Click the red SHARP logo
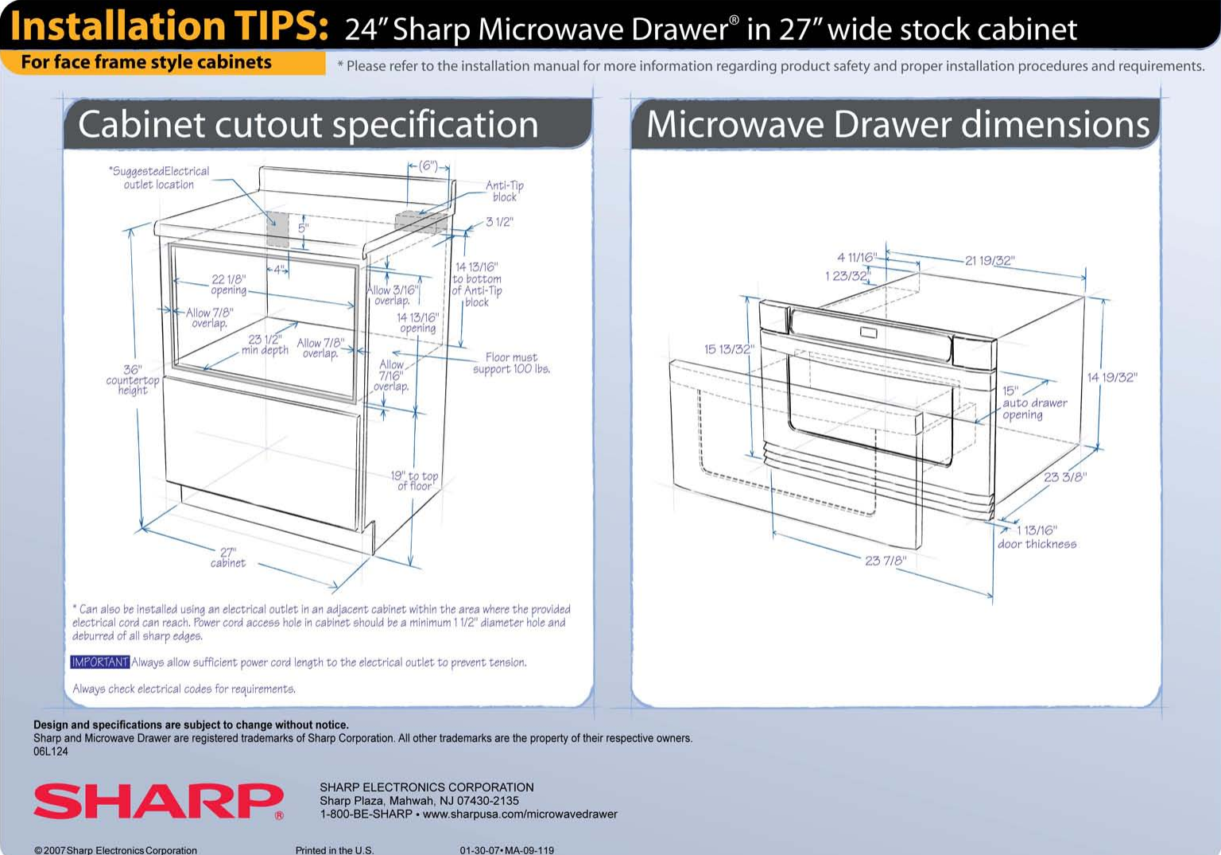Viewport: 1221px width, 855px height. [x=157, y=801]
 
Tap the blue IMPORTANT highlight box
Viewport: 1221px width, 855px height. [x=99, y=663]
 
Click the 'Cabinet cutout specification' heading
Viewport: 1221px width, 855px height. [x=308, y=125]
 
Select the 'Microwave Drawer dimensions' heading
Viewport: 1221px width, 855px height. [x=897, y=125]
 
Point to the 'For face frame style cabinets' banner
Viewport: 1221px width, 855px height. [x=146, y=62]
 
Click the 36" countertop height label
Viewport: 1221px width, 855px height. [x=133, y=380]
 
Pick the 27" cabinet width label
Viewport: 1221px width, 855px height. [x=228, y=558]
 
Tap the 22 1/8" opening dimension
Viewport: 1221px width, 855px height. [x=229, y=285]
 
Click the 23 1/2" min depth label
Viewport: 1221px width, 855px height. [x=265, y=344]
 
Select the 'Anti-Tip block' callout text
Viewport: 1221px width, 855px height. [x=505, y=191]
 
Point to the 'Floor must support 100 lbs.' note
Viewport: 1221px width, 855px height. [x=511, y=363]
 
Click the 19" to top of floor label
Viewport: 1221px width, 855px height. [x=414, y=480]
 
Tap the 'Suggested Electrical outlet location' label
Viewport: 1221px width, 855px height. [x=159, y=177]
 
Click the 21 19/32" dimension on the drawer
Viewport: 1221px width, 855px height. [x=990, y=261]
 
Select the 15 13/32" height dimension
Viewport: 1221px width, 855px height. [x=729, y=349]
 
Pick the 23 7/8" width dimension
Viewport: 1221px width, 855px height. [x=885, y=561]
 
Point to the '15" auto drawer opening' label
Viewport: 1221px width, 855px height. [x=1034, y=402]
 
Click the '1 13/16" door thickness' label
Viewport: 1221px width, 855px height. [x=1037, y=537]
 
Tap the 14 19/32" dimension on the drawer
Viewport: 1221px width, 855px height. [x=1112, y=377]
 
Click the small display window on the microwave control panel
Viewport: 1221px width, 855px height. [x=868, y=332]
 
